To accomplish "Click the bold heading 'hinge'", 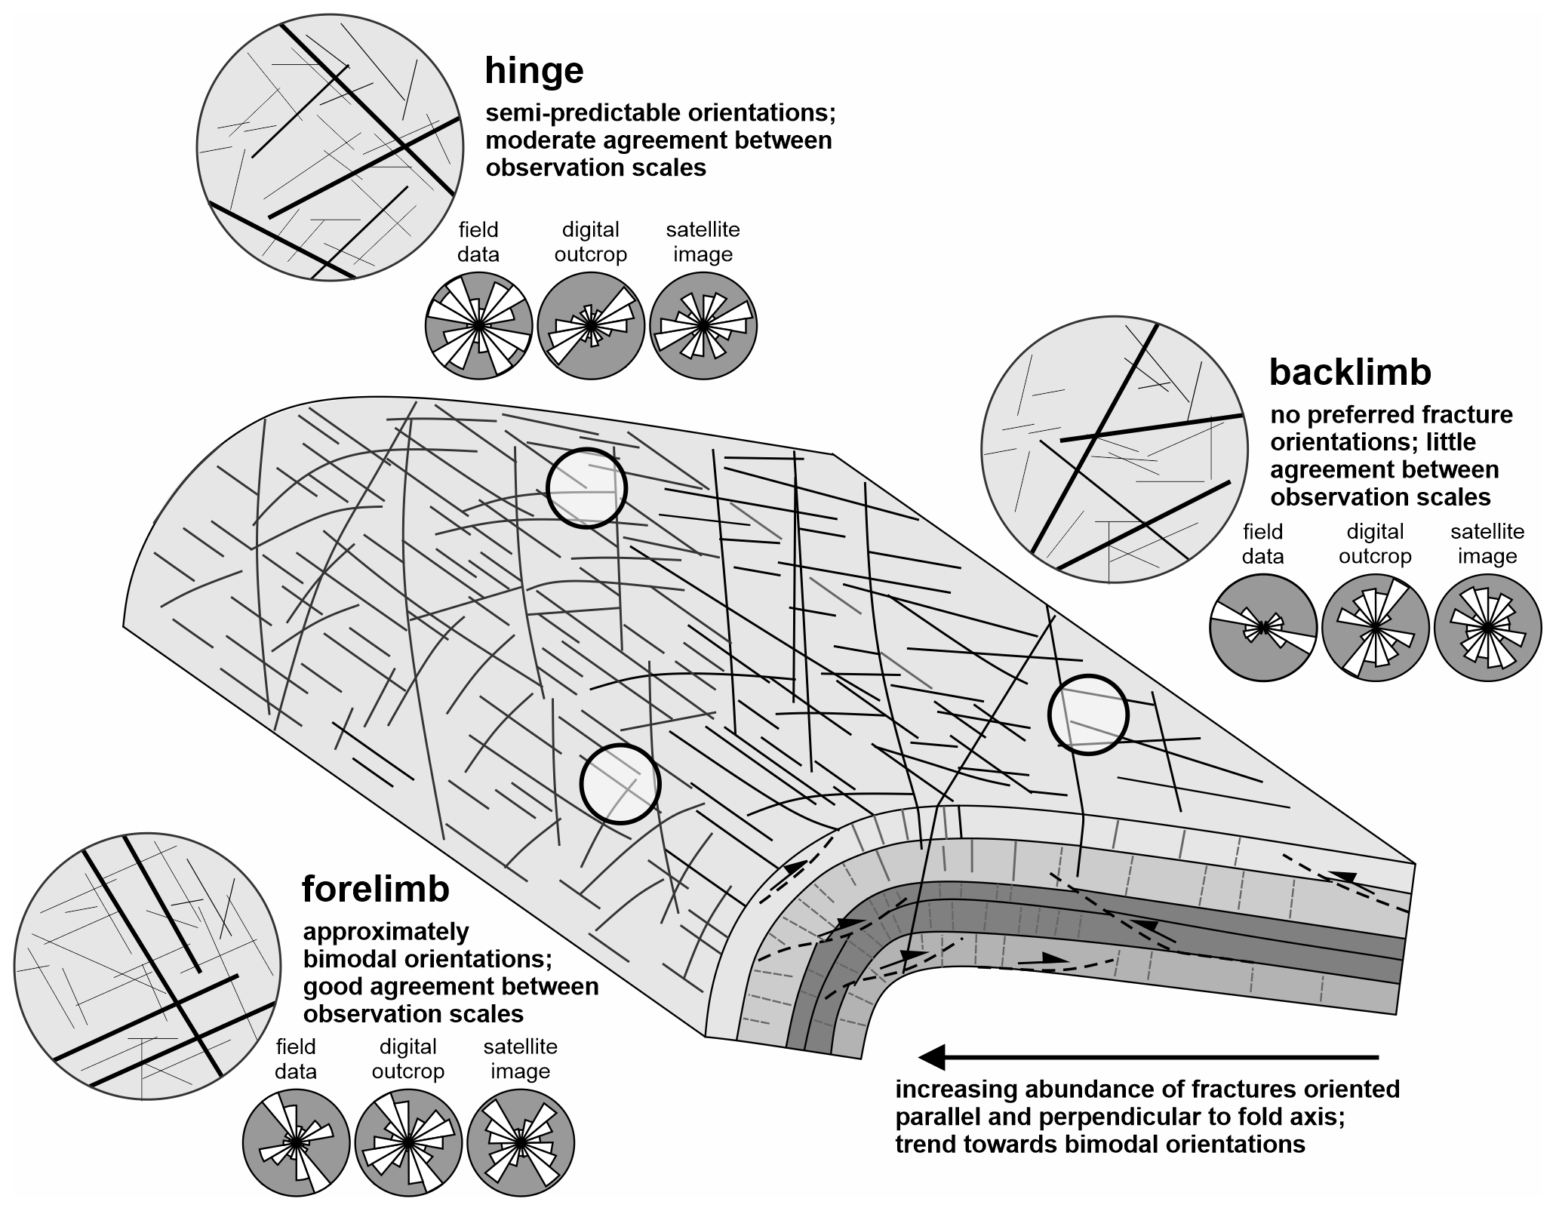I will (x=534, y=70).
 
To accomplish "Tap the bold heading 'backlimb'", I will (x=1350, y=372).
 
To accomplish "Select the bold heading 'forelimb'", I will (x=375, y=889).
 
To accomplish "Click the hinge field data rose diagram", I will (x=478, y=325).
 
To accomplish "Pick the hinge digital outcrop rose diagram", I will (x=591, y=325).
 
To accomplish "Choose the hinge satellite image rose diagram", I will (x=703, y=325).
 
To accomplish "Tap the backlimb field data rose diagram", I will (x=1262, y=628).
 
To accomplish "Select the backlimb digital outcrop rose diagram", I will (x=1375, y=628).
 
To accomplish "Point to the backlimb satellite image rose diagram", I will (x=1487, y=628).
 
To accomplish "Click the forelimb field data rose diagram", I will (x=296, y=1143).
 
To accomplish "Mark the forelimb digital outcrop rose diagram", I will (x=407, y=1143).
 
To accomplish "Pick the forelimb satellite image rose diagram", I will (x=520, y=1143).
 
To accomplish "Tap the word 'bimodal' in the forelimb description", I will (x=346, y=960).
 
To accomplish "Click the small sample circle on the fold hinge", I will (x=586, y=488).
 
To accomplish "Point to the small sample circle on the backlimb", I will (x=1088, y=715).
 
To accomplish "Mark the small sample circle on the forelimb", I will (x=620, y=784).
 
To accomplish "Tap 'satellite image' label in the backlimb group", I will (x=1487, y=544).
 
